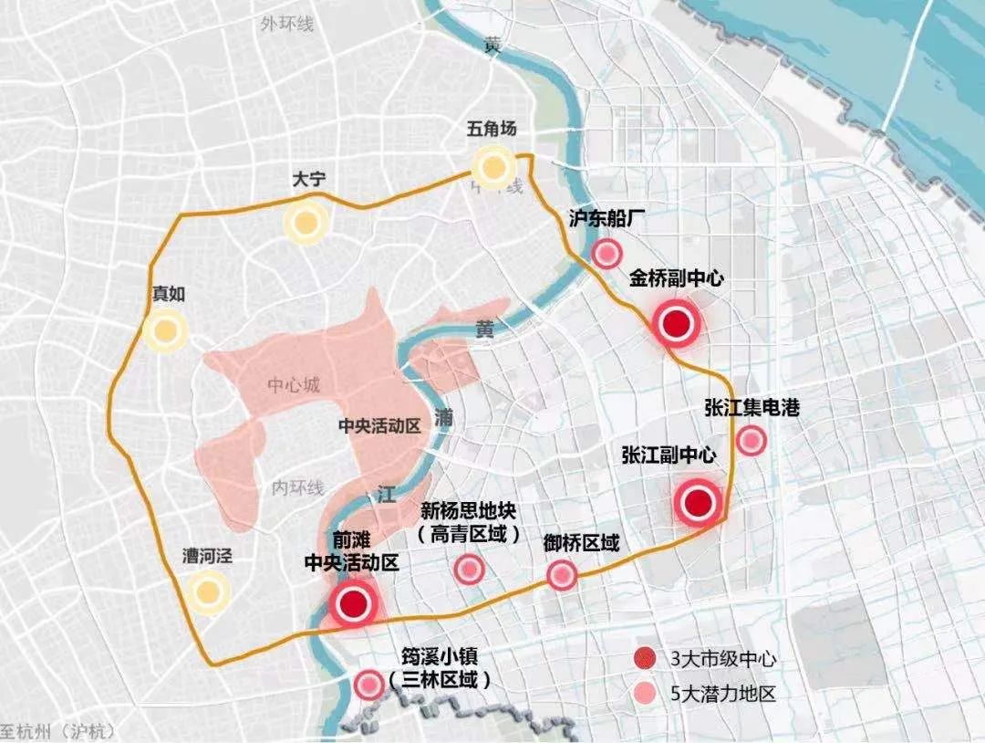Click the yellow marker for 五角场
click(494, 167)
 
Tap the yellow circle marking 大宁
click(305, 222)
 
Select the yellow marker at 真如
click(165, 331)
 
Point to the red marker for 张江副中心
click(699, 502)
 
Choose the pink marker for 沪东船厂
click(607, 254)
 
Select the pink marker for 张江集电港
click(751, 442)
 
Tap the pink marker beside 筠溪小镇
click(368, 684)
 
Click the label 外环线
click(285, 25)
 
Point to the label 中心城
click(294, 385)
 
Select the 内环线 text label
click(298, 488)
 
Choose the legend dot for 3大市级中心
click(644, 658)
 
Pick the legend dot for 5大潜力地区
click(644, 694)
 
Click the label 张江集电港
click(752, 408)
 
